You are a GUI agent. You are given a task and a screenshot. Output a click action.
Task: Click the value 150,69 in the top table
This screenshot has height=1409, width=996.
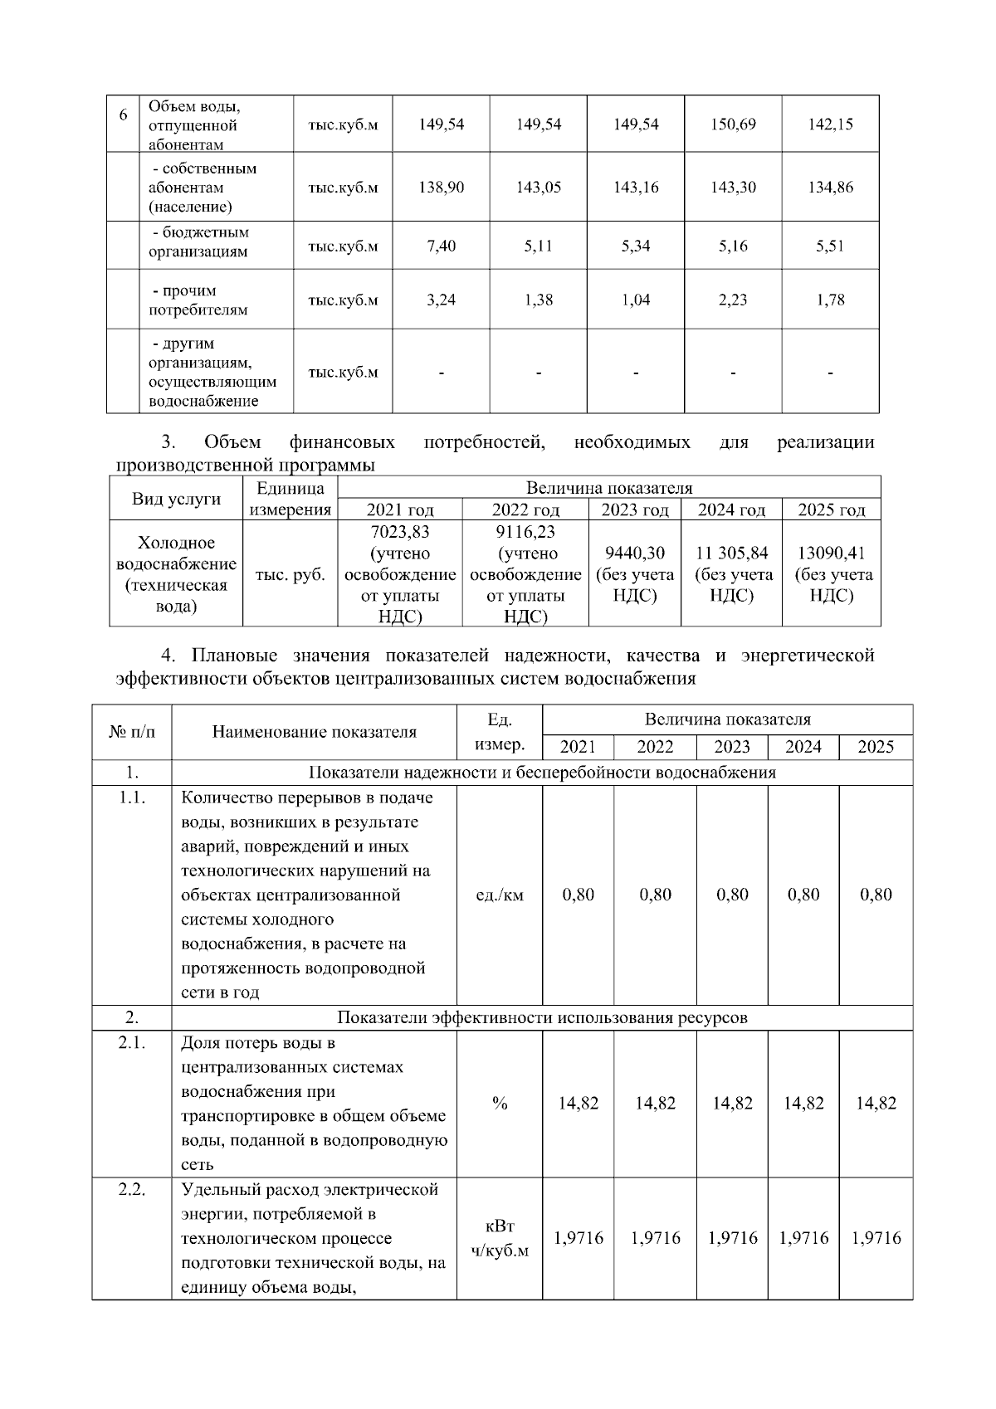point(733,124)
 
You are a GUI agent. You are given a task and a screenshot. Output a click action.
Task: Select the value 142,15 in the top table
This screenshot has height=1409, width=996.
point(830,124)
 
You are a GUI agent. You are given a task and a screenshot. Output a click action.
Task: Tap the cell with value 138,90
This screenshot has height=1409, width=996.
point(441,188)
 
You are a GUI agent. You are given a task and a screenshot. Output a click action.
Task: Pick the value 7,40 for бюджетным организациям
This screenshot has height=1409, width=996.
point(441,246)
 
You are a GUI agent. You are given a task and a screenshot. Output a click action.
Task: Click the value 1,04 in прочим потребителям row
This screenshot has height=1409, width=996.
point(636,300)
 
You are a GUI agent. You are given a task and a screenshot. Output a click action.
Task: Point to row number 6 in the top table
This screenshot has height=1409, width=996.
point(123,115)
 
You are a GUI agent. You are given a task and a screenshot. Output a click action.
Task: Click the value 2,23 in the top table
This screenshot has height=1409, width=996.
point(733,300)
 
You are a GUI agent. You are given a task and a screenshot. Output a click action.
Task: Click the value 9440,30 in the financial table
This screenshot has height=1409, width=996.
point(635,553)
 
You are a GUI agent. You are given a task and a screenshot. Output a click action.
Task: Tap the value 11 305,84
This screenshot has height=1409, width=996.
point(732,553)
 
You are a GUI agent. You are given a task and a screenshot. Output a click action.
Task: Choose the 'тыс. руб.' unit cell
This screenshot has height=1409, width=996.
point(290,574)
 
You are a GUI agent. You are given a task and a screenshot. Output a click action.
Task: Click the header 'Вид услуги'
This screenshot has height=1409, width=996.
point(177,499)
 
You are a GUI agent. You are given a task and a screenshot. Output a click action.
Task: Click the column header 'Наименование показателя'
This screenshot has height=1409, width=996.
point(314,732)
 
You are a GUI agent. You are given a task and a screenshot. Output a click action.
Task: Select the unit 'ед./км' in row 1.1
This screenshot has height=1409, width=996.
point(500,895)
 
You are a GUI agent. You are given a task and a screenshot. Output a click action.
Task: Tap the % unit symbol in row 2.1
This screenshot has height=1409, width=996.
point(500,1104)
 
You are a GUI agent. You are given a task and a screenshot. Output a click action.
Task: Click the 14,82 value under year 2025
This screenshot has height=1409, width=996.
point(876,1104)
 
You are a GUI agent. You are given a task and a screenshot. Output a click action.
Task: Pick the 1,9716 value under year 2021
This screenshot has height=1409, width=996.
point(579,1238)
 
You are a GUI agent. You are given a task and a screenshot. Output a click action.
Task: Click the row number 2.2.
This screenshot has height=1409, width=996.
point(132,1190)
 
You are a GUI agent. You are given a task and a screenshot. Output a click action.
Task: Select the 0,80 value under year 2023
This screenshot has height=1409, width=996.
point(733,895)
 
